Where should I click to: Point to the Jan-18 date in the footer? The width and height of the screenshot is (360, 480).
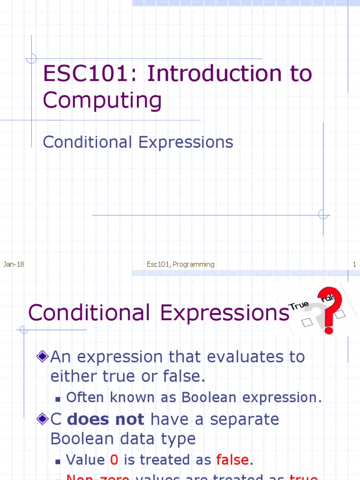coord(14,264)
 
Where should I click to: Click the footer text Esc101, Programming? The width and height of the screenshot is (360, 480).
coord(180,264)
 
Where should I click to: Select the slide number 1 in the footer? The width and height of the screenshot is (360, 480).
coord(354,264)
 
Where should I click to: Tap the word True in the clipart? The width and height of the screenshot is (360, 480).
coord(299,305)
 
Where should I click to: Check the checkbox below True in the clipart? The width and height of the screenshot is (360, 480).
coord(307,322)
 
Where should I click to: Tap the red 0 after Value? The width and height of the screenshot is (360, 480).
coord(114,460)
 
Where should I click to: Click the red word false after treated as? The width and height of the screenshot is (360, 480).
coord(232,460)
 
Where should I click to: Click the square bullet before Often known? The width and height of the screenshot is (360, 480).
coord(58,398)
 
